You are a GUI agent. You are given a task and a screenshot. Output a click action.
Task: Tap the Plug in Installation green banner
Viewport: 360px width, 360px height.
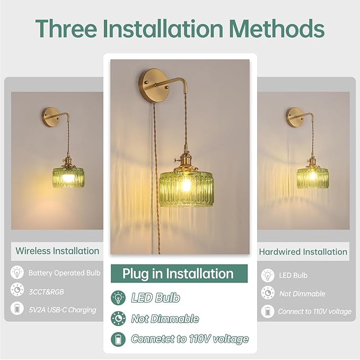tap(179, 274)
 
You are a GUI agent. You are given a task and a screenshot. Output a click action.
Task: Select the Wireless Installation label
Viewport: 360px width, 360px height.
tap(57, 251)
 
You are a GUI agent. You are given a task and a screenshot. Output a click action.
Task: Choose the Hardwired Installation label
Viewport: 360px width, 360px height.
tap(303, 252)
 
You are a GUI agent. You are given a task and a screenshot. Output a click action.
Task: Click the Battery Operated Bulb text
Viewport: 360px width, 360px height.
tap(65, 273)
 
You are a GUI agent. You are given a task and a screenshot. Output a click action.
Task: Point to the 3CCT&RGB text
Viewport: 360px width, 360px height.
tap(46, 292)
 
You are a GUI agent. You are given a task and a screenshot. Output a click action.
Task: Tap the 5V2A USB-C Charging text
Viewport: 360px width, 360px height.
tap(63, 310)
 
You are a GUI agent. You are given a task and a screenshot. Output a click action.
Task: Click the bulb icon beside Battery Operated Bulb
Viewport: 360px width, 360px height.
tap(17, 273)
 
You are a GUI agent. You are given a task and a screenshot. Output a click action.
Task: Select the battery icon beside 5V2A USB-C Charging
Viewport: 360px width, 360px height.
tap(17, 308)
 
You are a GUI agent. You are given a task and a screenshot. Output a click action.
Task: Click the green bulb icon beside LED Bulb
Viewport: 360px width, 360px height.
tap(118, 298)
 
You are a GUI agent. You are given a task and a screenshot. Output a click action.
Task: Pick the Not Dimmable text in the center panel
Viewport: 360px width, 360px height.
tap(165, 319)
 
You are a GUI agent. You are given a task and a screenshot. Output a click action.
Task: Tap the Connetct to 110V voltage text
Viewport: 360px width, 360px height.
tap(190, 339)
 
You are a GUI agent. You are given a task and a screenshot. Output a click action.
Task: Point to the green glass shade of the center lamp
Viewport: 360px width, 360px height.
tap(186, 189)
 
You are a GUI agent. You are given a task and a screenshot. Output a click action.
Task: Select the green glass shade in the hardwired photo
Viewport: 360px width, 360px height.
tap(312, 178)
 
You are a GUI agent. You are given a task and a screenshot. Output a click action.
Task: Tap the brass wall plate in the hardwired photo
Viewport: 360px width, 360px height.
tap(294, 117)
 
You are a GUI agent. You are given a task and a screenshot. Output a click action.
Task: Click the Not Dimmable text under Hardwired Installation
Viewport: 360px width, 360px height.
tap(302, 294)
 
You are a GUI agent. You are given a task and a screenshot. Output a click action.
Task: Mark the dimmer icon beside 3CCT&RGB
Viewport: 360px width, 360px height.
tap(17, 289)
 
